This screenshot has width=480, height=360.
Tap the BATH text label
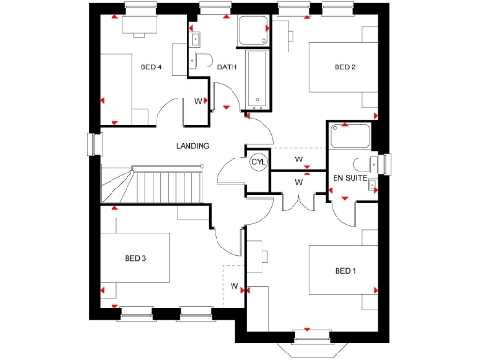227,67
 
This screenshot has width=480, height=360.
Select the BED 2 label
346,67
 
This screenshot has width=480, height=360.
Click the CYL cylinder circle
258,162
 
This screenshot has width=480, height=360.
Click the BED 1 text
346,271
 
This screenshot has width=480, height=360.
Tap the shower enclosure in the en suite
350,138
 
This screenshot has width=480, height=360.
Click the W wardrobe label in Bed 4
199,101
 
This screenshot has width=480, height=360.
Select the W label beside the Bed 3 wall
233,285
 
